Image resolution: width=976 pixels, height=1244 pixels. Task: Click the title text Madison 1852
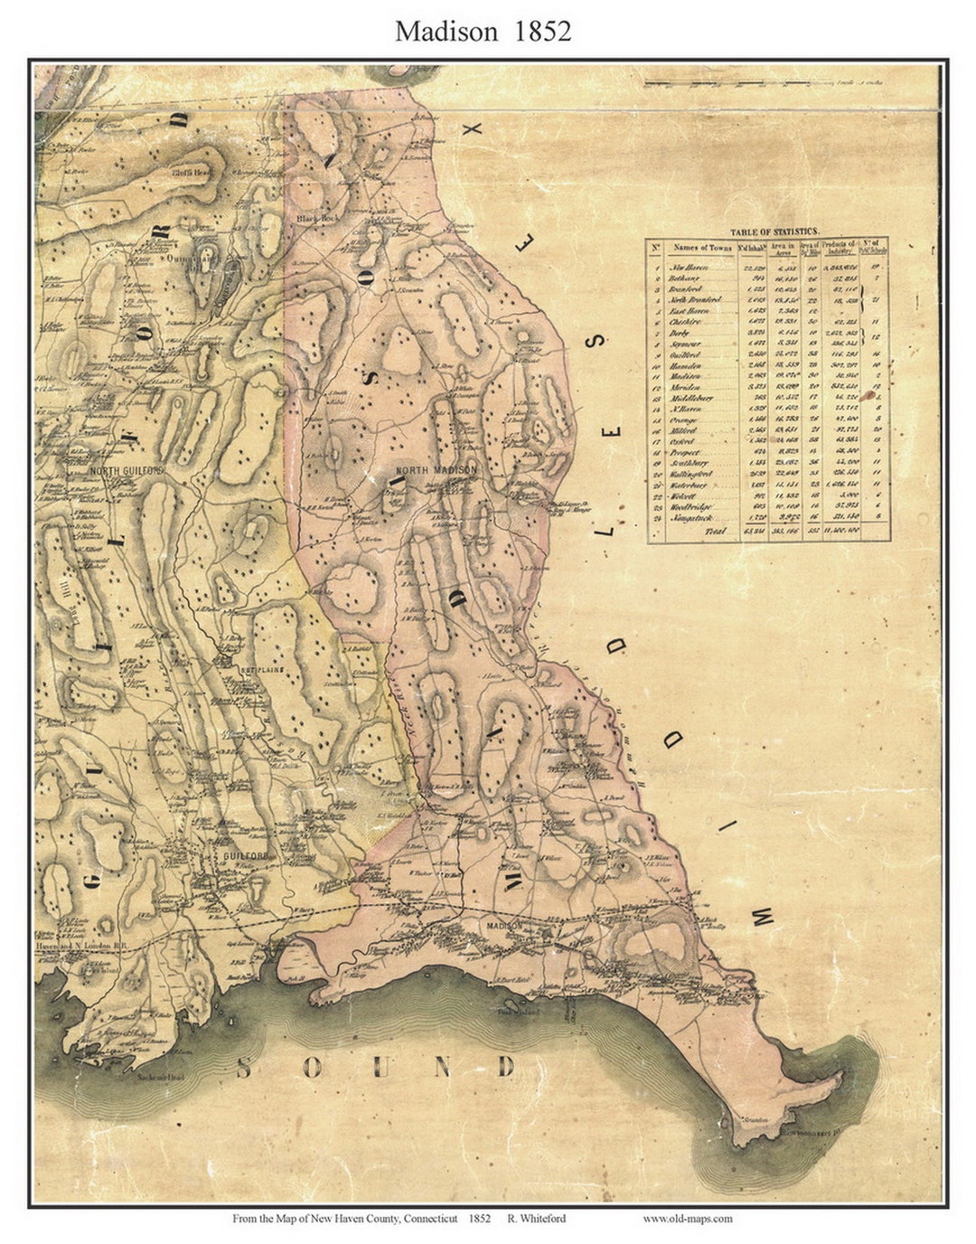tap(483, 31)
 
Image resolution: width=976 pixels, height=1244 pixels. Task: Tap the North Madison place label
tap(436, 470)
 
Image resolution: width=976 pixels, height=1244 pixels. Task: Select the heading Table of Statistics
tap(774, 231)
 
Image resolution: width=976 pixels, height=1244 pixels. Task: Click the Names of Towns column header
tap(702, 247)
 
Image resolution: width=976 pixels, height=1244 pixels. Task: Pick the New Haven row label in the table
tap(689, 268)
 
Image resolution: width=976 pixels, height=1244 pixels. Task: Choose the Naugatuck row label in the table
tap(691, 518)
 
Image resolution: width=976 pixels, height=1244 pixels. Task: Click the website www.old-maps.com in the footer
tap(688, 1218)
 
